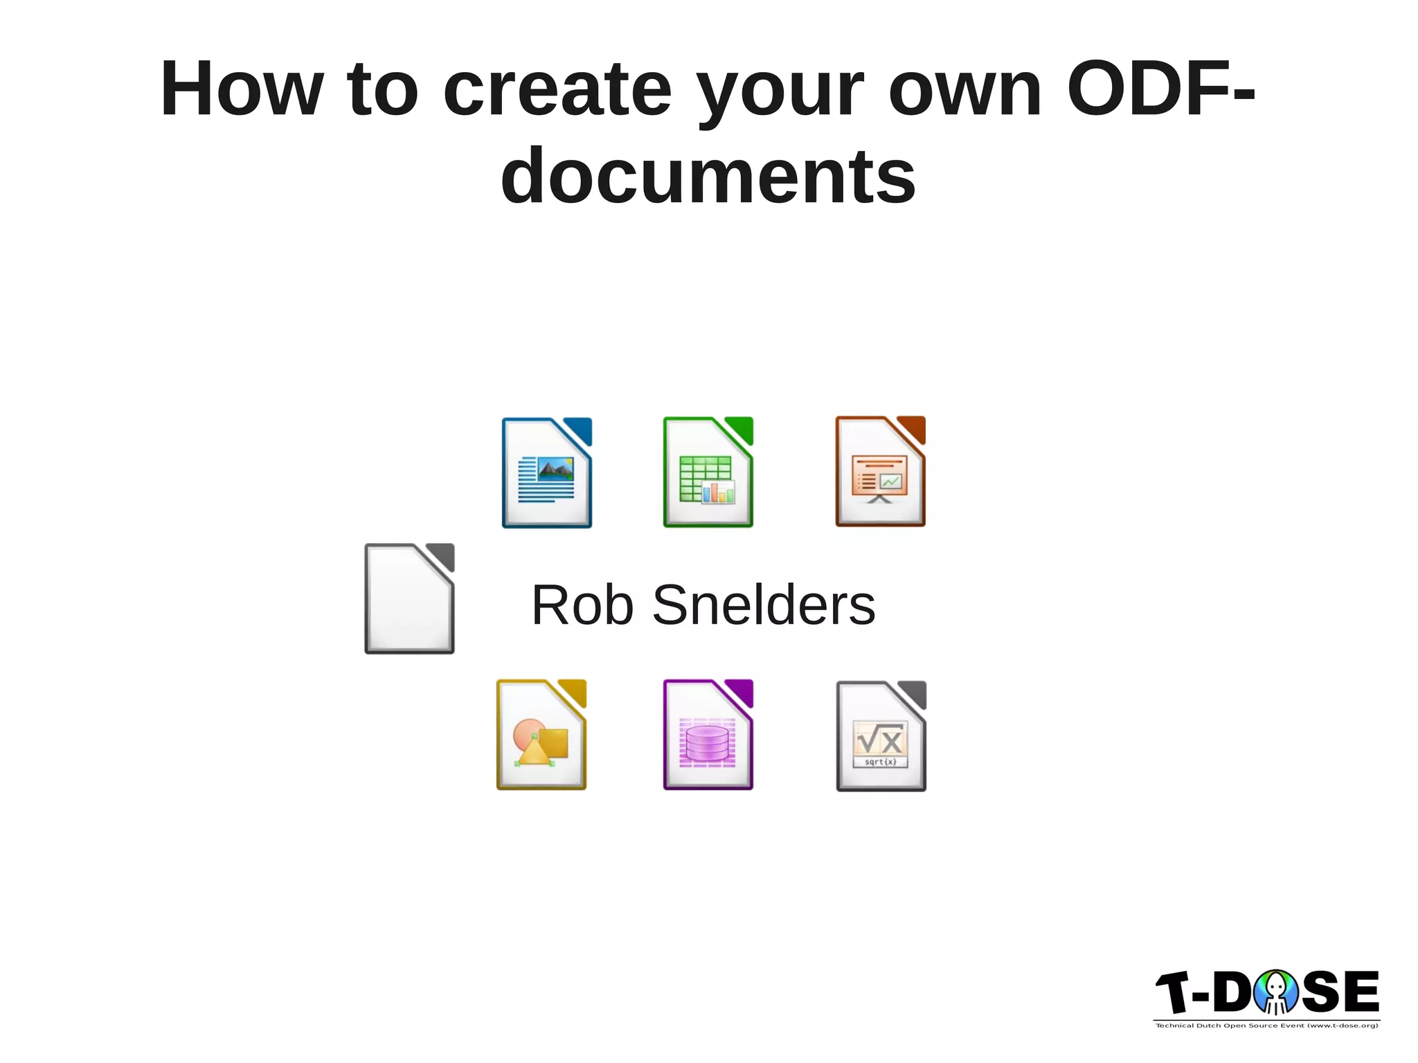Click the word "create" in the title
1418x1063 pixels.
coord(557,90)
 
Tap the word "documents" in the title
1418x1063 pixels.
coord(708,177)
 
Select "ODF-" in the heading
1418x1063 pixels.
coord(1160,90)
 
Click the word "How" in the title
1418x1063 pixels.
coord(241,90)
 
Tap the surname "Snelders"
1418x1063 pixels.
coord(764,605)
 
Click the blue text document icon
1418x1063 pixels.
coord(546,473)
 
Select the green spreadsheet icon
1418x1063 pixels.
coord(708,472)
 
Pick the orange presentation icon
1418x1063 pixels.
coord(880,472)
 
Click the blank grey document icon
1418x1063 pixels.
coord(409,599)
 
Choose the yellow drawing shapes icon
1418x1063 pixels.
coord(541,735)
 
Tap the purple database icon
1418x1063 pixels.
coord(708,735)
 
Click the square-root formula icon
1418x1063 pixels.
coord(881,736)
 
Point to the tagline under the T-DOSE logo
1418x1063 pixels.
coord(1266,1026)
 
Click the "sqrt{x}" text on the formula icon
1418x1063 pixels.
coord(880,762)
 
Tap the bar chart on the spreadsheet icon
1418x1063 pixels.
coord(718,492)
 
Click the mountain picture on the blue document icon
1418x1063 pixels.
coord(555,470)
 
